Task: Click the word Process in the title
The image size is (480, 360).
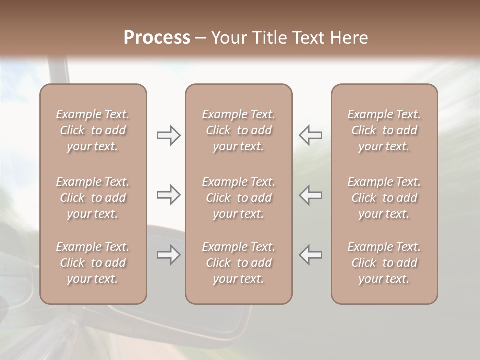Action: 157,38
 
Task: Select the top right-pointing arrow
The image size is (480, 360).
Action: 168,135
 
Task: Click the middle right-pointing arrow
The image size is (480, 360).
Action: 168,195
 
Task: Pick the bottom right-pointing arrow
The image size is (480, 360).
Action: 168,255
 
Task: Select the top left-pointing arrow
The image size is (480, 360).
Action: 310,135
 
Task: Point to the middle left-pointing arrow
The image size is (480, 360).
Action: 310,195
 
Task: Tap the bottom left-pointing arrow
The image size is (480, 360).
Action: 310,255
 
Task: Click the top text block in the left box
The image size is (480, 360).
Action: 93,130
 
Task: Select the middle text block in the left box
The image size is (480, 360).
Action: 93,198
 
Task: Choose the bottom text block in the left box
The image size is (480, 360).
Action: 93,263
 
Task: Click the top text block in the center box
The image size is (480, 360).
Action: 238,130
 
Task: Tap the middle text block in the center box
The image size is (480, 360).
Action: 238,198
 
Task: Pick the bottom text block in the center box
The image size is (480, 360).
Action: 238,263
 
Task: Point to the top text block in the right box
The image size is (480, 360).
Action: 384,130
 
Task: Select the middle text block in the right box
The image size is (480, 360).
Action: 384,198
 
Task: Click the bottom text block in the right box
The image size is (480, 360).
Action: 384,263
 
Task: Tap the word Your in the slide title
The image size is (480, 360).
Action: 228,38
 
